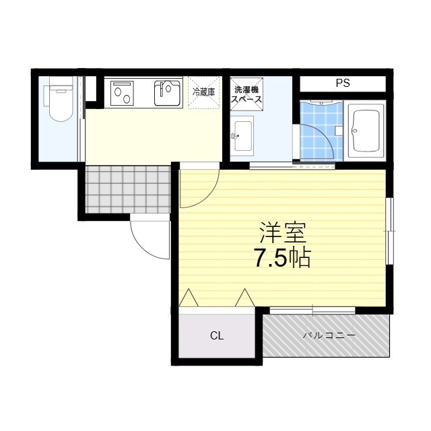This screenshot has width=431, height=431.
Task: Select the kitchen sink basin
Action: [x=166, y=93]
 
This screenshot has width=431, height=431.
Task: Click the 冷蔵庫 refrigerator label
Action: [x=203, y=92]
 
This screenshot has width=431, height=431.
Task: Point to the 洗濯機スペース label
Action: [x=247, y=95]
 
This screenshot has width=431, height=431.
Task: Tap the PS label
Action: [x=343, y=84]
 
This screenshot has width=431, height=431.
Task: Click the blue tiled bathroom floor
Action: [x=320, y=131]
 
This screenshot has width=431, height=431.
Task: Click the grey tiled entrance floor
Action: [x=128, y=189]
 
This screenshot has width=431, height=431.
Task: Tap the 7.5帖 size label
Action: [x=282, y=259]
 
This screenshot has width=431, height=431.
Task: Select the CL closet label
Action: [x=216, y=335]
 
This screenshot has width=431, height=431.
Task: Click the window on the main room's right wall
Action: [x=389, y=231]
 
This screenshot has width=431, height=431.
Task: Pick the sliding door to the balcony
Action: [x=312, y=310]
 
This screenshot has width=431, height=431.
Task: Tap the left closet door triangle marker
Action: [x=188, y=298]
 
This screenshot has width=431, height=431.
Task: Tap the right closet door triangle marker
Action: [x=244, y=298]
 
